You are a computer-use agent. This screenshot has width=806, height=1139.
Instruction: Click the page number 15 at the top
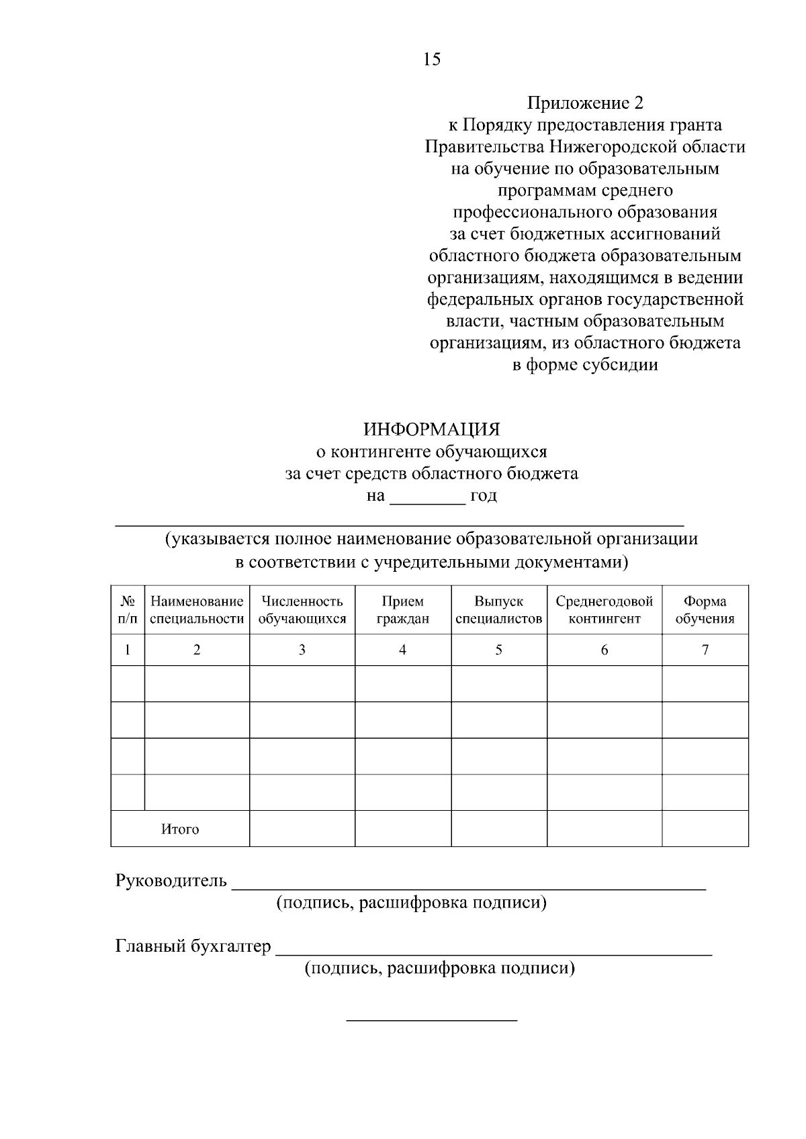pos(432,60)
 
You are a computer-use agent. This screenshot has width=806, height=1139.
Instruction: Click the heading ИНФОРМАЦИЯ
pos(432,430)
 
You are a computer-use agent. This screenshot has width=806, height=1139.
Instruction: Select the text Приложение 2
pos(585,103)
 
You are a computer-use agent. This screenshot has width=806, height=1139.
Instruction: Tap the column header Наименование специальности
pos(197,610)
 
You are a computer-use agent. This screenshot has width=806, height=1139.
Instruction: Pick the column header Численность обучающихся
pos(302,610)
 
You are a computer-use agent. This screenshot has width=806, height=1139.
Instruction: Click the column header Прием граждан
pos(402,610)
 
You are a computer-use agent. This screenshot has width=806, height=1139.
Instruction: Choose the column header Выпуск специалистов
pos(498,610)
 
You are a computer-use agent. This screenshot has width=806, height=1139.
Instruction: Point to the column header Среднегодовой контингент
pos(604,610)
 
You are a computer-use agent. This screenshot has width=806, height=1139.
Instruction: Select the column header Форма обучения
pos(705,610)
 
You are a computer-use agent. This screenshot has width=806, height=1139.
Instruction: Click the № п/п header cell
pos(128,610)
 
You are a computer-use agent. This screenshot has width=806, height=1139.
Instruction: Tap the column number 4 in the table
pos(402,650)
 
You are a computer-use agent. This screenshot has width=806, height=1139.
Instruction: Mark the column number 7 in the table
pos(705,650)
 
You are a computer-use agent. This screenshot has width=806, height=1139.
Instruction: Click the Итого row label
pos(180,830)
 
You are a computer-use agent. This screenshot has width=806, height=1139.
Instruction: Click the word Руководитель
pos(171,881)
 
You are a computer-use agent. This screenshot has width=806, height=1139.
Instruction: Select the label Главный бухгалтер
pos(193,946)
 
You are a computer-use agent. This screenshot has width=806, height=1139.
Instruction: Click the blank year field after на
pos(428,497)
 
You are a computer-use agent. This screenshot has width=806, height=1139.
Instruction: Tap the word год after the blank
pos(484,497)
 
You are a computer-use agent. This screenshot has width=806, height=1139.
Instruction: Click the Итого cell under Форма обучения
pos(705,828)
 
